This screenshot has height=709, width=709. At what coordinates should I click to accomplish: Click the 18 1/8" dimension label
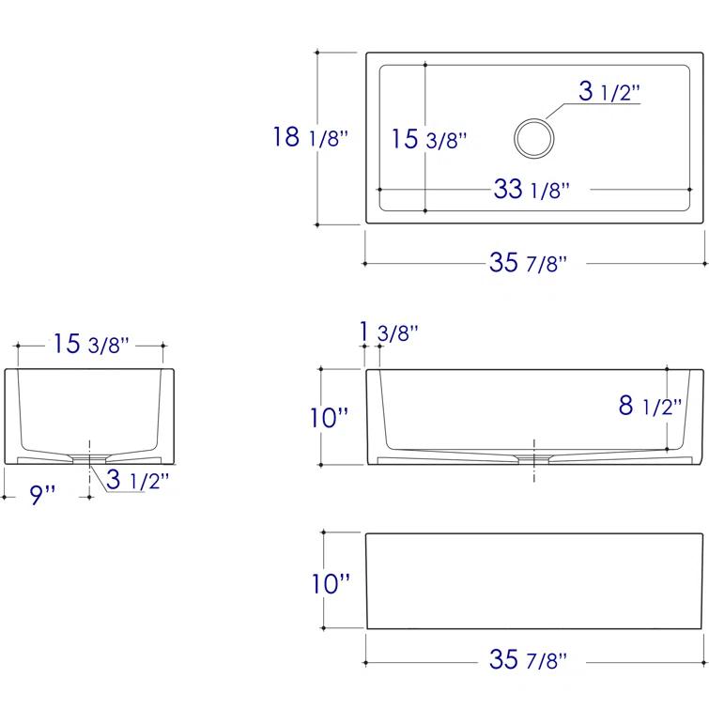click(x=310, y=136)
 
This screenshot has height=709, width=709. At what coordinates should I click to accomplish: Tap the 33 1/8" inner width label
click(x=532, y=189)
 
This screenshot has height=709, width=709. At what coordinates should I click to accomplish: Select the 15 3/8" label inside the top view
click(x=428, y=138)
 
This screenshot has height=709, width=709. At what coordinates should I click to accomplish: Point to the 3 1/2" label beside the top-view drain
click(x=609, y=91)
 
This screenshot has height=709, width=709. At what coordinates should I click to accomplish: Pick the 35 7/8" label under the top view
click(x=528, y=262)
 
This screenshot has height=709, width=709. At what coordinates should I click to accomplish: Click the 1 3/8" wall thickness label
click(x=389, y=331)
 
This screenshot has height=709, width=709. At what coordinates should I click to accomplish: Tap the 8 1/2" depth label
click(x=650, y=405)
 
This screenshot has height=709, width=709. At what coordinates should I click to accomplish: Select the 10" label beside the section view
click(x=330, y=417)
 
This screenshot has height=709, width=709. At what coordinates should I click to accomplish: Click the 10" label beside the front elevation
click(x=331, y=583)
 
